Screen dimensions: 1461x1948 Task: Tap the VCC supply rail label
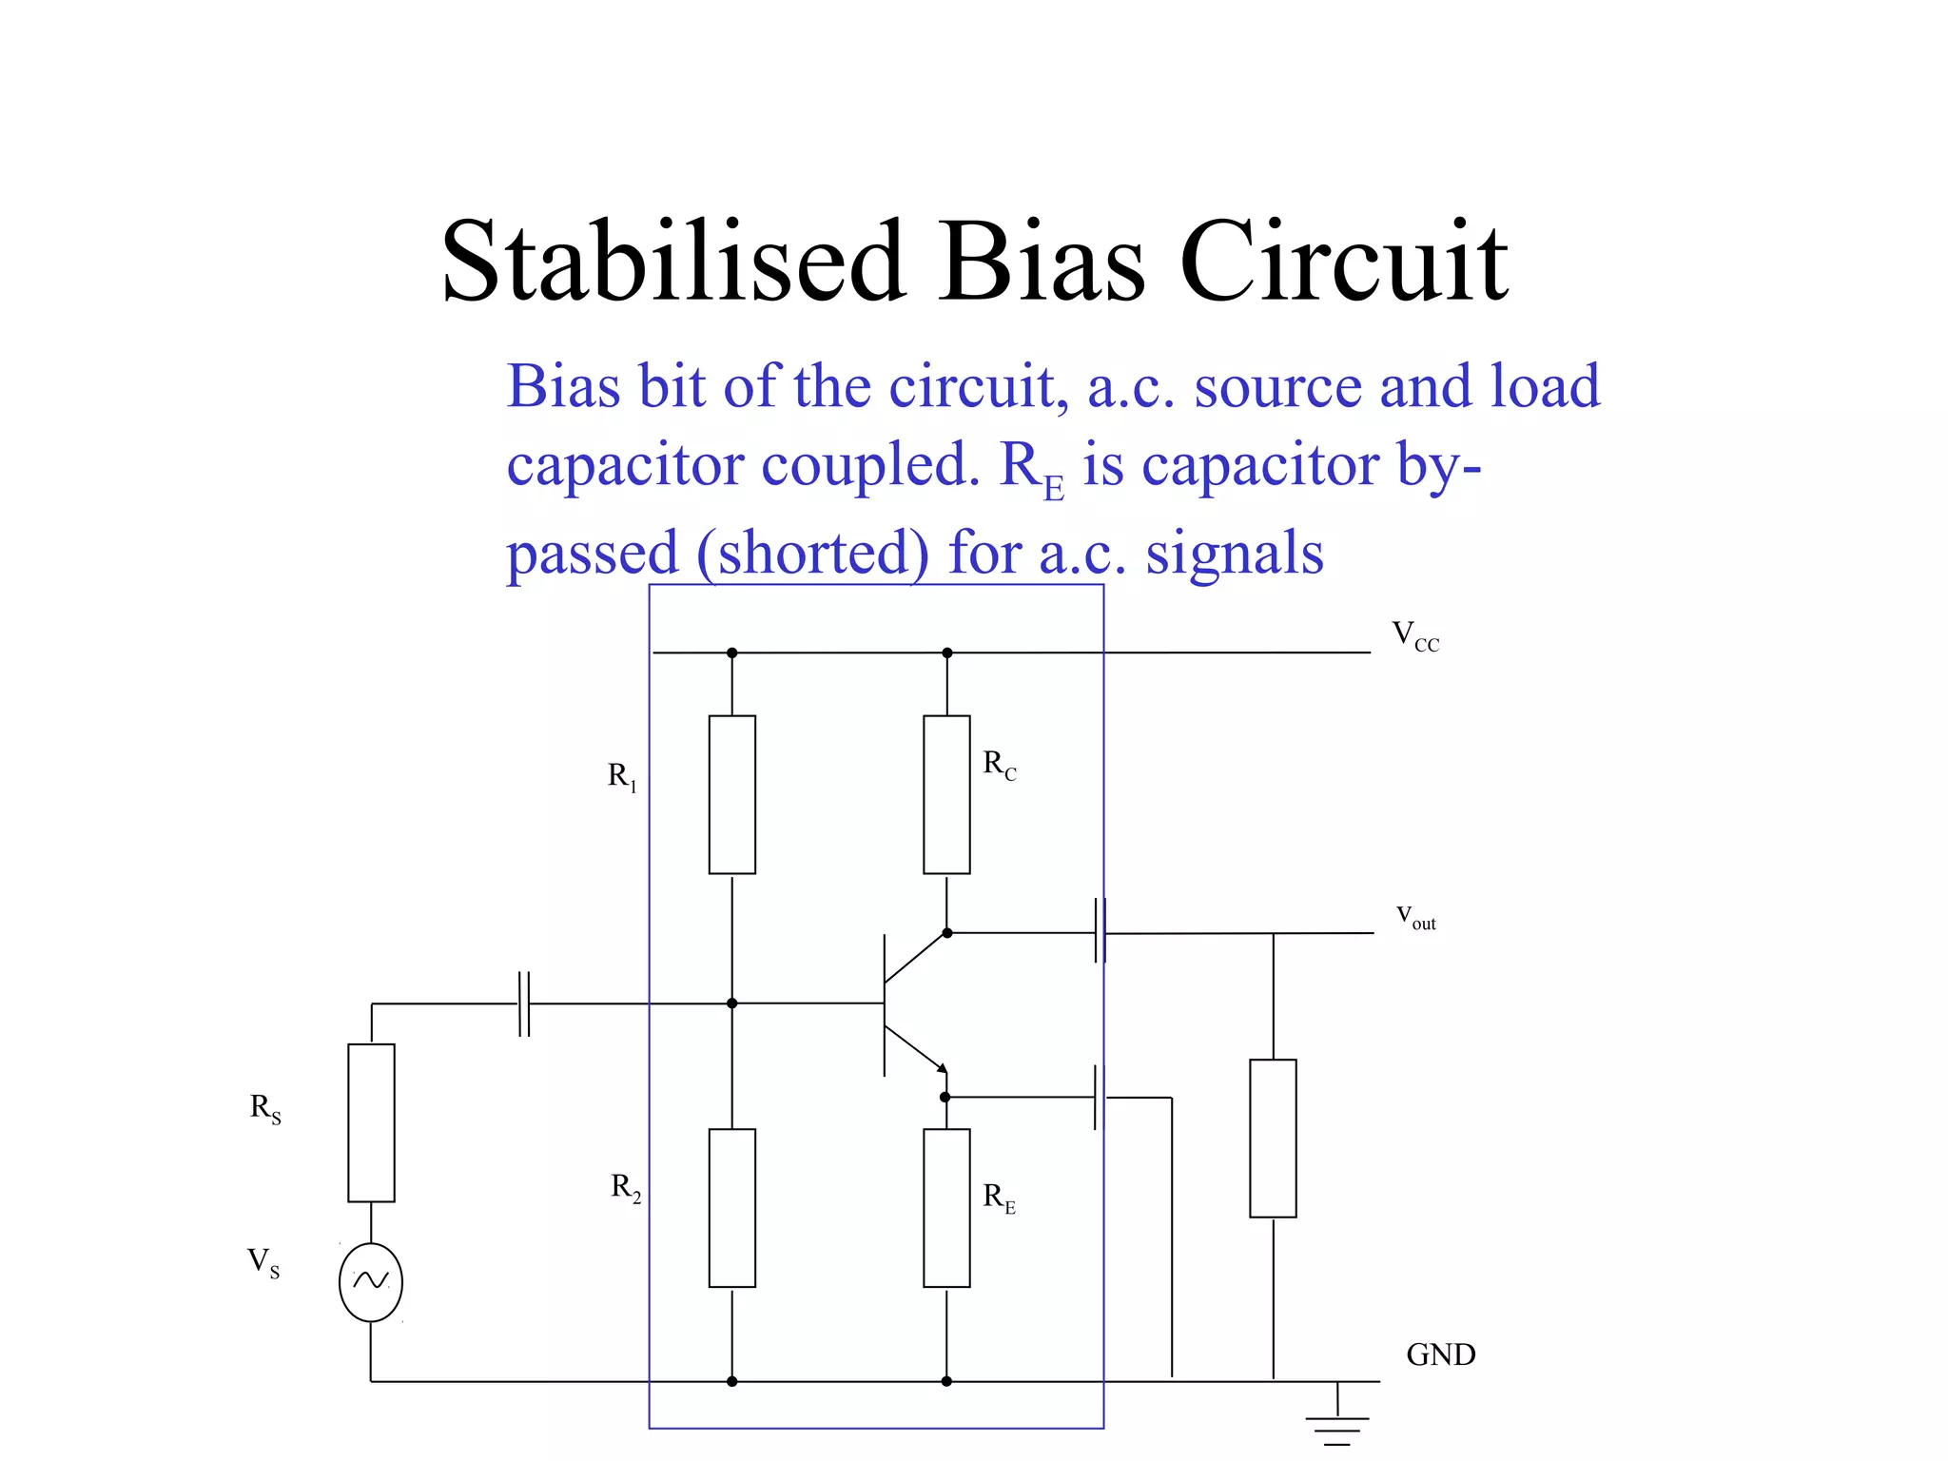[1415, 635]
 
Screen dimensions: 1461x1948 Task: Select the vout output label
[1415, 917]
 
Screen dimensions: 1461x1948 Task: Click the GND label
[1440, 1354]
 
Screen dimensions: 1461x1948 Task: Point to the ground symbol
[1337, 1422]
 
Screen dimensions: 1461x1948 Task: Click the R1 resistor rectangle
[732, 794]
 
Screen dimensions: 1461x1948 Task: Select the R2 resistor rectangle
[732, 1208]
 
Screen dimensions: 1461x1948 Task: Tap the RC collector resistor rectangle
[946, 794]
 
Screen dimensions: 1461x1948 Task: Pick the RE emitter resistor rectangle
[946, 1208]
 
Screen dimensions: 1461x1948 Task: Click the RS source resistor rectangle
[371, 1122]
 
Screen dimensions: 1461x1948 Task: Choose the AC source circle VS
[371, 1282]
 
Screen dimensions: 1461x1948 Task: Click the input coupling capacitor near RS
[523, 1003]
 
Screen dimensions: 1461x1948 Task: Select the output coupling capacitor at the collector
[1101, 932]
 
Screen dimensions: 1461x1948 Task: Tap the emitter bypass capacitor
[1101, 1098]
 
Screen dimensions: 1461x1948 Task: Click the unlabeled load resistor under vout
[1273, 1139]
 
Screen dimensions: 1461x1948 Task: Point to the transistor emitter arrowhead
[941, 1067]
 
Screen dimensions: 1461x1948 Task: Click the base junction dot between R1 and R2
[731, 1003]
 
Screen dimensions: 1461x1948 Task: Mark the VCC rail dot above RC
[946, 653]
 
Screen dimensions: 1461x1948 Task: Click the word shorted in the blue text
[813, 554]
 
